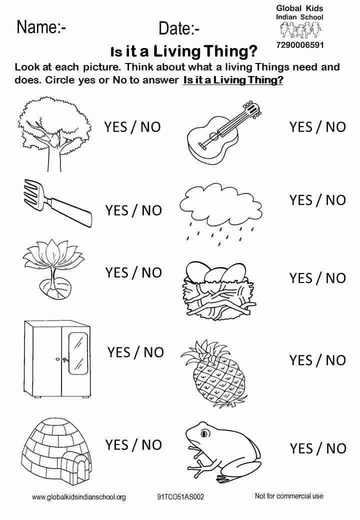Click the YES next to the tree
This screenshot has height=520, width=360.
115,126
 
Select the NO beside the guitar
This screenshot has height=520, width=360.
336,126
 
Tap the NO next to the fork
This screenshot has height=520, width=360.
151,210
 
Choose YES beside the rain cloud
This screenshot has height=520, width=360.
301,200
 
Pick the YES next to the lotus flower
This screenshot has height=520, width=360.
116,272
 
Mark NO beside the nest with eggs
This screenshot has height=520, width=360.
336,278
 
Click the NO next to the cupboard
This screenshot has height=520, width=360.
154,352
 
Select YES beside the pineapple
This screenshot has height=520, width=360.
301,360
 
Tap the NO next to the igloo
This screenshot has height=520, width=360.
151,444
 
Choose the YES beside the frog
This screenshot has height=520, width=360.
301,448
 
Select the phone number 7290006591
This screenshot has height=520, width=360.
299,45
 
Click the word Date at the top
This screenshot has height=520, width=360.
175,29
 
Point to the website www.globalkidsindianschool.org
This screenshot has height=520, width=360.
79,497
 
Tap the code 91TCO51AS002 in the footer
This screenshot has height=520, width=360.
180,497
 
